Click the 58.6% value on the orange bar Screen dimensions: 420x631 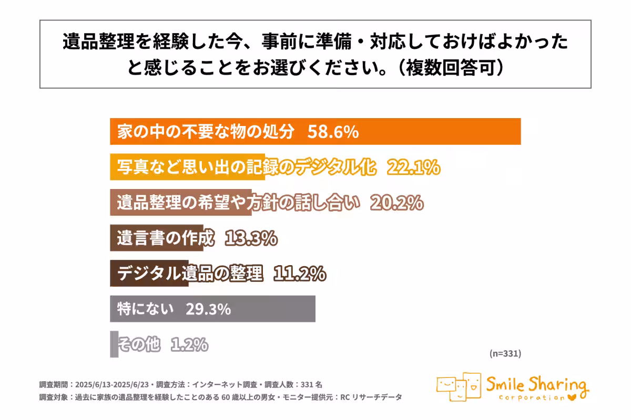(x=332, y=132)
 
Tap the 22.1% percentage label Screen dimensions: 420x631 (x=413, y=167)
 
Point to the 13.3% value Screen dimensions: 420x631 (x=251, y=238)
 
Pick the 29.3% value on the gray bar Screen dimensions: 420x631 (x=208, y=309)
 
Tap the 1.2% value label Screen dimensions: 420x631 (x=189, y=344)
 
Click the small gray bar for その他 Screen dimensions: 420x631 (x=114, y=344)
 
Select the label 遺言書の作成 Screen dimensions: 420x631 (x=166, y=238)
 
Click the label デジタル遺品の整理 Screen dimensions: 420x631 (x=189, y=274)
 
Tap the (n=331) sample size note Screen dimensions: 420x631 (x=505, y=354)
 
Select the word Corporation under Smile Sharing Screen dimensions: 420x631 (x=531, y=397)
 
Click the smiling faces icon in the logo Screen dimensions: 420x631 (x=458, y=387)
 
